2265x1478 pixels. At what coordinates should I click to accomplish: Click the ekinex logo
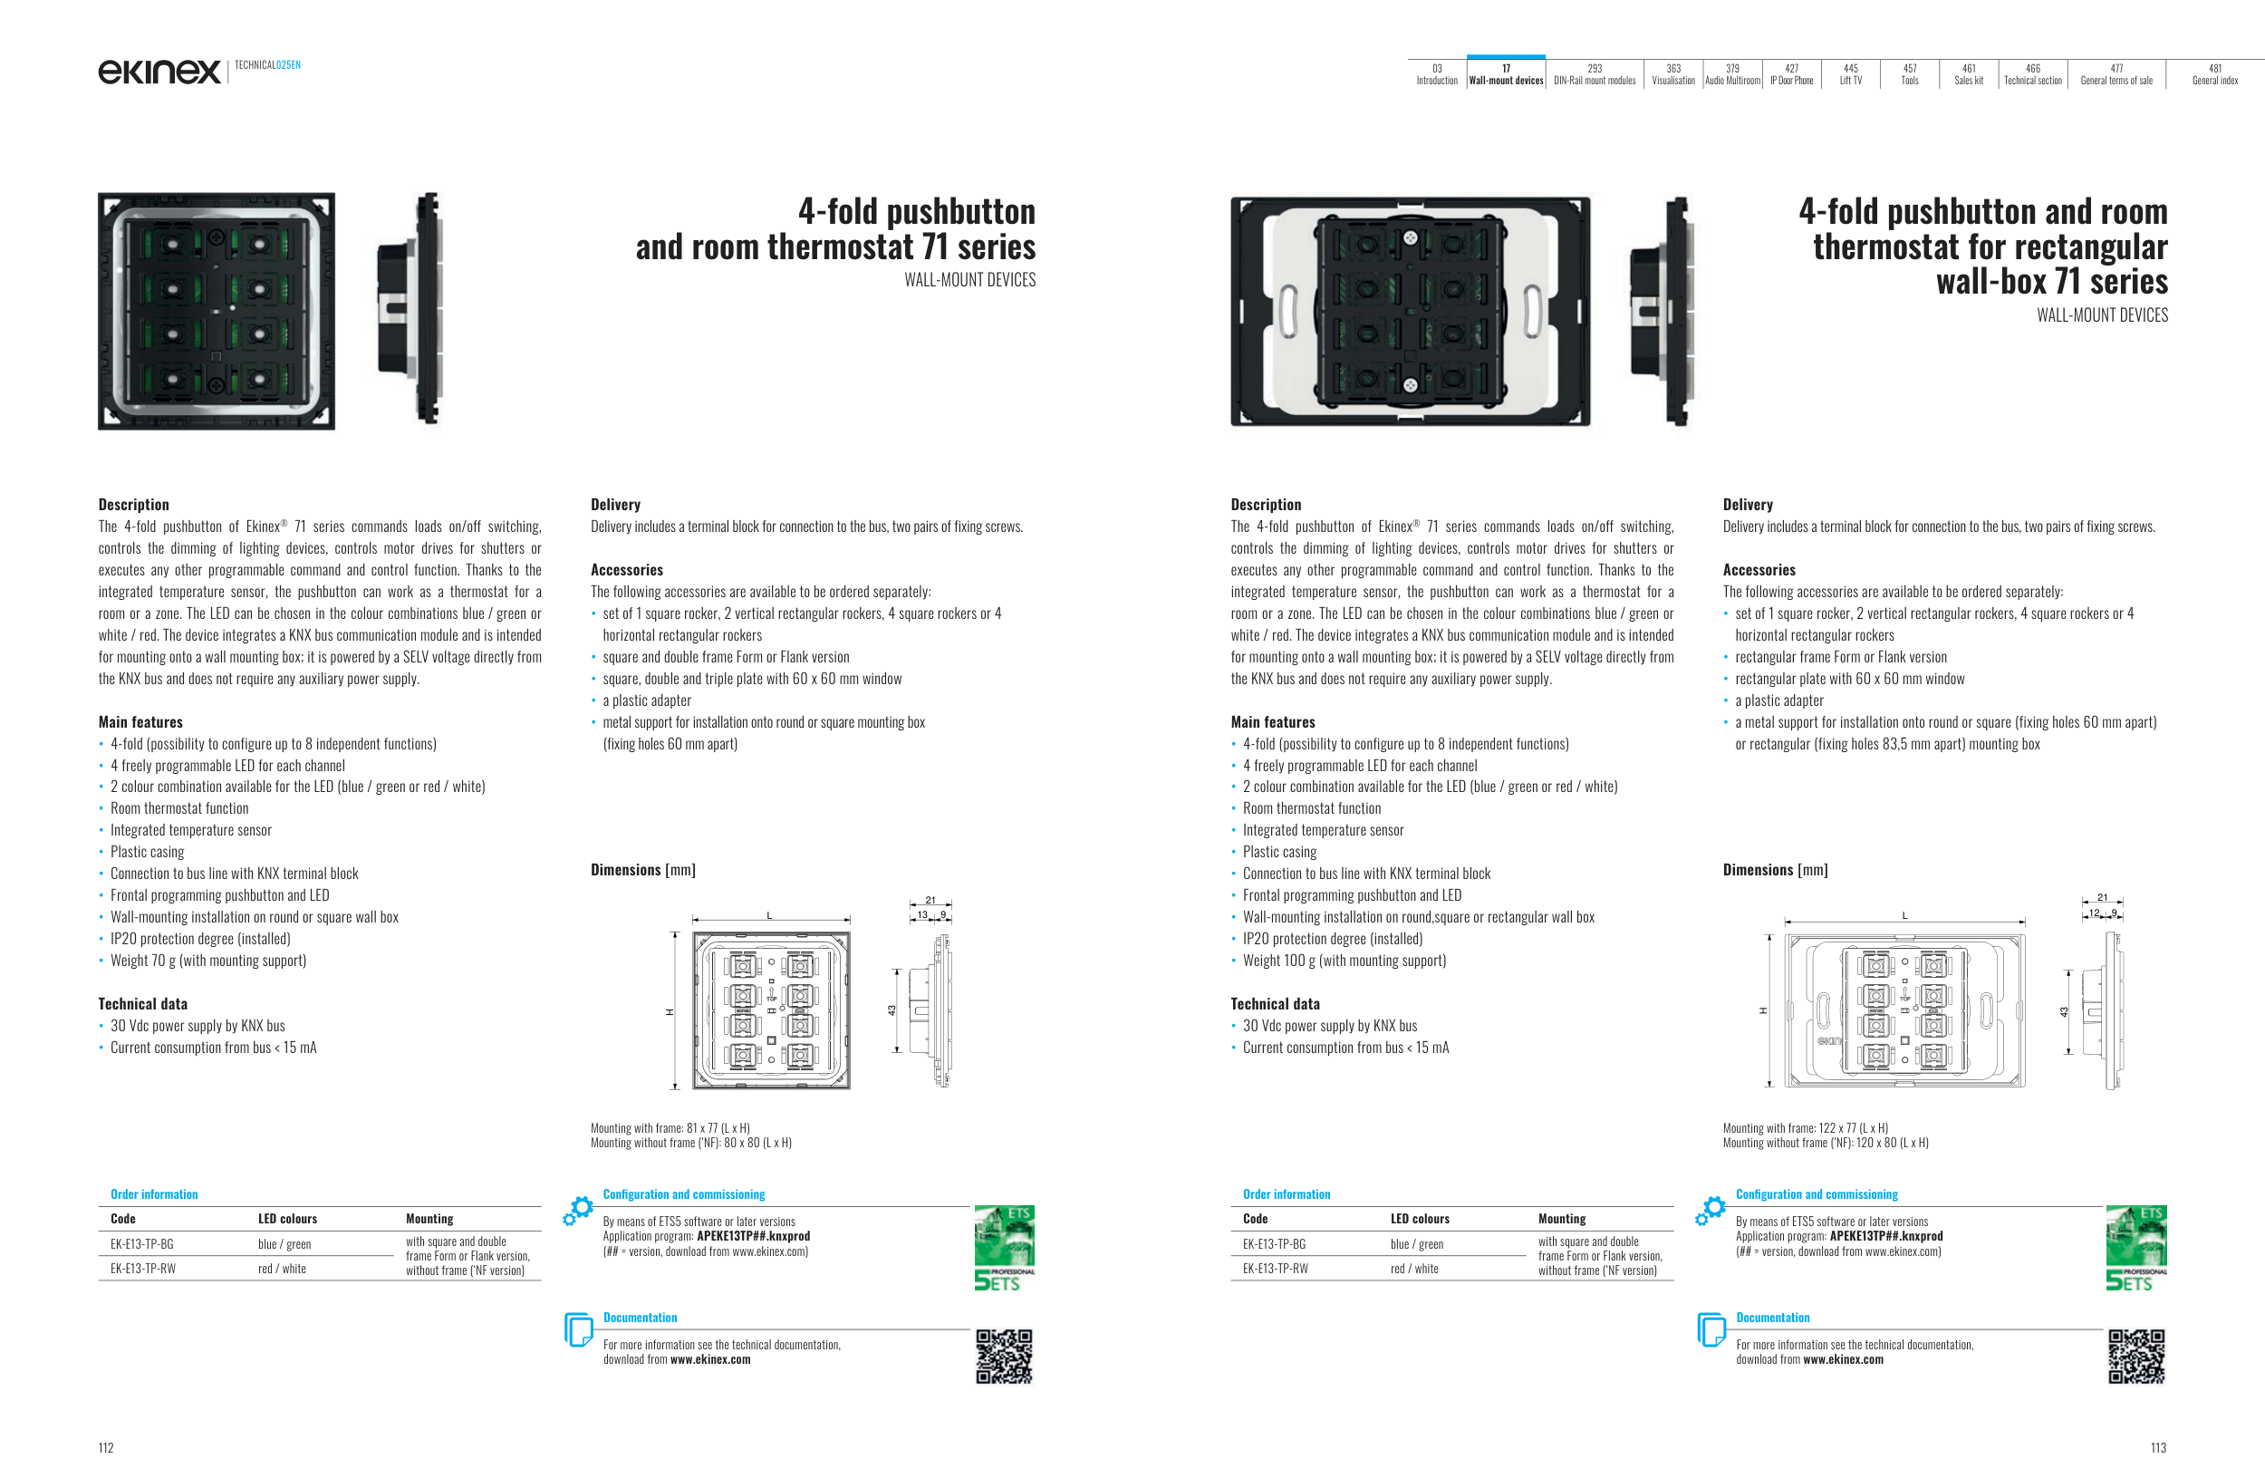[159, 71]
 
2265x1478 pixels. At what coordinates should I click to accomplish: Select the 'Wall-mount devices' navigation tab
[1506, 74]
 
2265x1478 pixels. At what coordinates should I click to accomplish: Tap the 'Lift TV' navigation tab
[1850, 74]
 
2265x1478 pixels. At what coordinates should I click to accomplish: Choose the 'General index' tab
[2214, 74]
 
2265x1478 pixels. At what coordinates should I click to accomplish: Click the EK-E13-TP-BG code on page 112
[142, 1244]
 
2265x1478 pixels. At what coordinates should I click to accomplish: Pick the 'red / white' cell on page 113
[1414, 1269]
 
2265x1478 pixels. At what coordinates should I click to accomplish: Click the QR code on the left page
[1004, 1357]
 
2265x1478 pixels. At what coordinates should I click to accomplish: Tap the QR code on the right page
[2136, 1357]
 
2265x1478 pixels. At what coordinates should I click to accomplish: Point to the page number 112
[106, 1447]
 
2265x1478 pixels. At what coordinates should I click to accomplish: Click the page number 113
[2158, 1447]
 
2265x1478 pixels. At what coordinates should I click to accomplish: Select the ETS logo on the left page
[1004, 1248]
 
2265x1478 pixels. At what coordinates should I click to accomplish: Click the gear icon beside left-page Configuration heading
[578, 1210]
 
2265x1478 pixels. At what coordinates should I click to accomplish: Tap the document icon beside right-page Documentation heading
[1711, 1329]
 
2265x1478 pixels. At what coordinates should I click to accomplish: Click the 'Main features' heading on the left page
[140, 722]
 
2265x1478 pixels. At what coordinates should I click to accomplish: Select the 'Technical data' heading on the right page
[1276, 1004]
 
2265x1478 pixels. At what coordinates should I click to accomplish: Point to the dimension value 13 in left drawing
[922, 914]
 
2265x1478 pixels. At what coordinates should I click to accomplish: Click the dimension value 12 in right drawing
[2094, 913]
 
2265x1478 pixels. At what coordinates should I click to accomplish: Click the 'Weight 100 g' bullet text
[1344, 961]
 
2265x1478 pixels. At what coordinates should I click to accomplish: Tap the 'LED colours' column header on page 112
[287, 1218]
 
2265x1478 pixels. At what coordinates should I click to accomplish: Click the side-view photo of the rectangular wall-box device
[1664, 311]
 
